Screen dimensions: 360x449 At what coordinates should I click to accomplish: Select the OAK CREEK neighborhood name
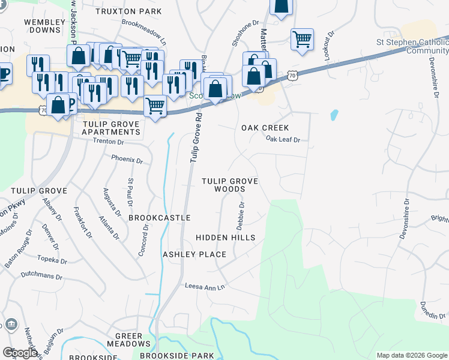[265, 128]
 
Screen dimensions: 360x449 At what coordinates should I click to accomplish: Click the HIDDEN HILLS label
[226, 238]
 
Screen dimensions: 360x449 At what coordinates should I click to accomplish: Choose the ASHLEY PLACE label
[194, 254]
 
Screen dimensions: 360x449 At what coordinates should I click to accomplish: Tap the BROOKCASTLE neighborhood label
[160, 218]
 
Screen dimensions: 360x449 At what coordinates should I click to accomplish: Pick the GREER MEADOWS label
[128, 340]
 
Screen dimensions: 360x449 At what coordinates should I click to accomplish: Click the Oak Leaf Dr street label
[283, 139]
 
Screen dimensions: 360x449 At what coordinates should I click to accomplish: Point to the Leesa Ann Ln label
[204, 286]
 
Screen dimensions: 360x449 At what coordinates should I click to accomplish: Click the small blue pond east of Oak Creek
[334, 114]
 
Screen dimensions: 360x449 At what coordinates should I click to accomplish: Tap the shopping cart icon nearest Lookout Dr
[302, 40]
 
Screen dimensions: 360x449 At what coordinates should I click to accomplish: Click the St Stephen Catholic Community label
[412, 46]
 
